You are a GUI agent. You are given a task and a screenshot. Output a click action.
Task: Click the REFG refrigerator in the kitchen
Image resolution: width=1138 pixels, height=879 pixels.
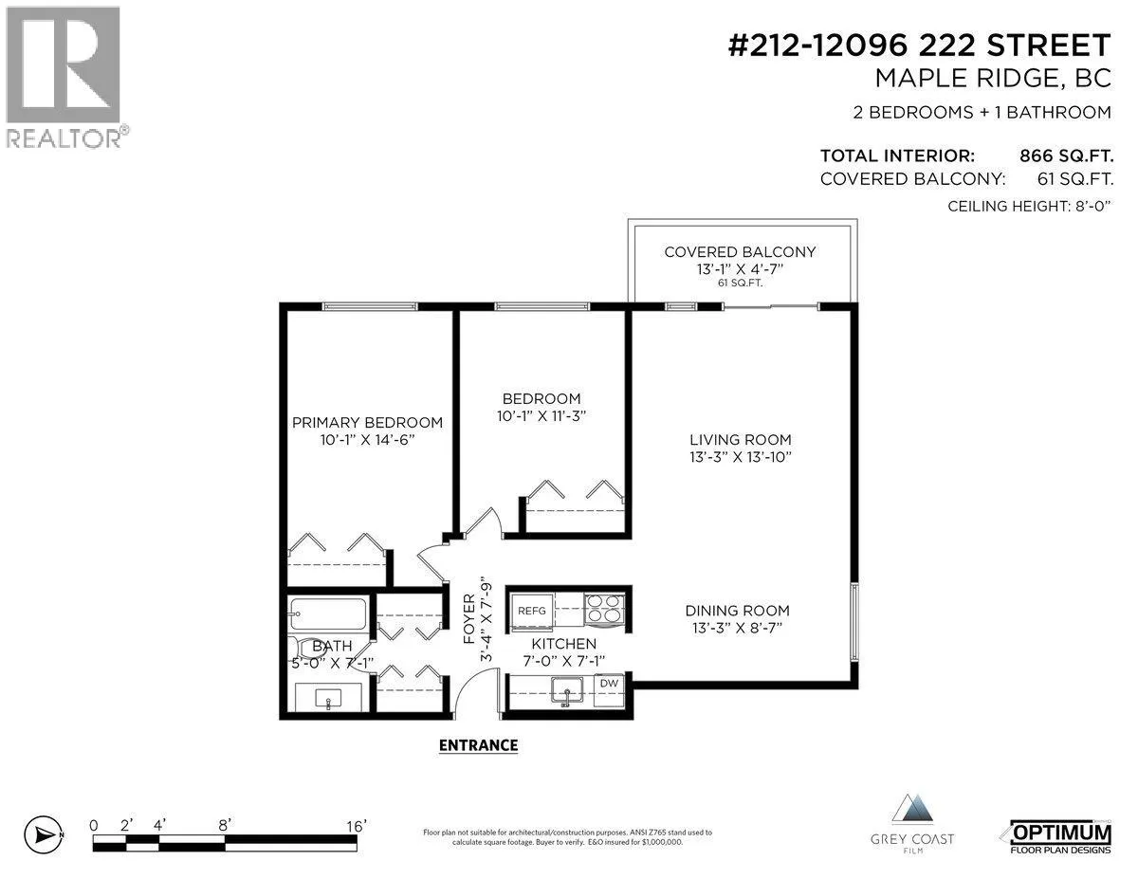pos(532,610)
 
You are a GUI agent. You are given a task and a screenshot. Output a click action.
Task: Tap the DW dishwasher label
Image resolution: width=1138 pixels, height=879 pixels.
pos(609,684)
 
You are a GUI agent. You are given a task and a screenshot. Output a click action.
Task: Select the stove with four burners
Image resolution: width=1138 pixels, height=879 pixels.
pos(604,610)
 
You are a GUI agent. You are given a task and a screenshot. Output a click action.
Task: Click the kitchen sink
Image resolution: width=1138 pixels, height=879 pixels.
pos(567,690)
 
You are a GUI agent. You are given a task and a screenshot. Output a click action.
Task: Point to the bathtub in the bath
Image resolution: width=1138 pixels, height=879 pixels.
pos(328,613)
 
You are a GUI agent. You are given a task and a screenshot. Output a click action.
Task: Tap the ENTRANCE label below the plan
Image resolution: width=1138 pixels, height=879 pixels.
pos(478,745)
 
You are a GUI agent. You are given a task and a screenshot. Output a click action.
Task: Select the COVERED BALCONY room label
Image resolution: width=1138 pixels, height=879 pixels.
pos(740,252)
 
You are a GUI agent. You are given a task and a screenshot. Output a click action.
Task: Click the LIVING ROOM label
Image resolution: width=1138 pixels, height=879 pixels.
pos(740,440)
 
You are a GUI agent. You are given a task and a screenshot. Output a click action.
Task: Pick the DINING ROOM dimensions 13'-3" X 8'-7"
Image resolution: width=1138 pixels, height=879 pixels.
pos(738,627)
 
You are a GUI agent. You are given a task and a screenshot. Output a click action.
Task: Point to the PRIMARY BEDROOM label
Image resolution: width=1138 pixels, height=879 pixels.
pos(367,423)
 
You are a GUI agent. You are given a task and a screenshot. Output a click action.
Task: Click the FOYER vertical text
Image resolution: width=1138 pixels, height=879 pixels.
pos(468,618)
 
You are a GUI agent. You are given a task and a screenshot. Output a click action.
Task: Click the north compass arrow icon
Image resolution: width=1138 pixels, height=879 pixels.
pos(44,834)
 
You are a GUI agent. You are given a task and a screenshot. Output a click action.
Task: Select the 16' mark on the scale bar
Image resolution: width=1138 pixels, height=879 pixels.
pos(357,826)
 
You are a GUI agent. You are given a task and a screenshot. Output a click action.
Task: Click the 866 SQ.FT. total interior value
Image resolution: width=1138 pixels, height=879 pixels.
pos(1066,156)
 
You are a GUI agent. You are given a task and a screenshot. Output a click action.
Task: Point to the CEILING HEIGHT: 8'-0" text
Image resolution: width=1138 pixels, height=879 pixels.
pos(1029,207)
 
